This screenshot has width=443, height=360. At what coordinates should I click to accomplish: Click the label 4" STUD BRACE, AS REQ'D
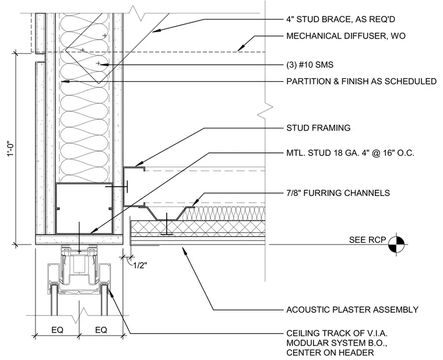(x=340, y=19)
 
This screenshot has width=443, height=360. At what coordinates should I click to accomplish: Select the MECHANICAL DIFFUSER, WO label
(x=346, y=36)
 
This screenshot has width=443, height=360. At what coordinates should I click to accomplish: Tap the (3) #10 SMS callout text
(x=310, y=65)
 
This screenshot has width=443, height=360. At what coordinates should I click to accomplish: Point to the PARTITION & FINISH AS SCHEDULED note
(x=361, y=82)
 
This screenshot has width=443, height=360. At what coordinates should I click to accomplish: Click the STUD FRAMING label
(x=318, y=128)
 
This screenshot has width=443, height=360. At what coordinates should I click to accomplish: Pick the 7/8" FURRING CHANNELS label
(x=338, y=193)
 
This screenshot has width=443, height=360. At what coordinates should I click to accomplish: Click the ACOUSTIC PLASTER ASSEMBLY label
(x=352, y=310)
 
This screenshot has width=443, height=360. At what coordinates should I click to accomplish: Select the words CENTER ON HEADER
(x=330, y=352)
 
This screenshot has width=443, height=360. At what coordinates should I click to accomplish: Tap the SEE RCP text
(x=367, y=240)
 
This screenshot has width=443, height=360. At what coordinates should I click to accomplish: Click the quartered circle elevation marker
(x=396, y=244)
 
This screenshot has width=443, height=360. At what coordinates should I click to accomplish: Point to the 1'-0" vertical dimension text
(x=10, y=149)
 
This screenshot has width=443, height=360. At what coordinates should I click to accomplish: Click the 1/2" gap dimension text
(x=140, y=265)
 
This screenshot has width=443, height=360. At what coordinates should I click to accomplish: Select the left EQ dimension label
(x=57, y=330)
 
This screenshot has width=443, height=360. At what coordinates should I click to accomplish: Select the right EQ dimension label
(x=101, y=330)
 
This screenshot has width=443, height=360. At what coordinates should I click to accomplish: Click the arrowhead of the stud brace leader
(x=156, y=31)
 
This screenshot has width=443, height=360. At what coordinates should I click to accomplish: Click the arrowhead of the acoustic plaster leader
(x=184, y=249)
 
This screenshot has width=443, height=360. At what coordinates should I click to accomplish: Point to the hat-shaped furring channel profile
(x=166, y=214)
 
